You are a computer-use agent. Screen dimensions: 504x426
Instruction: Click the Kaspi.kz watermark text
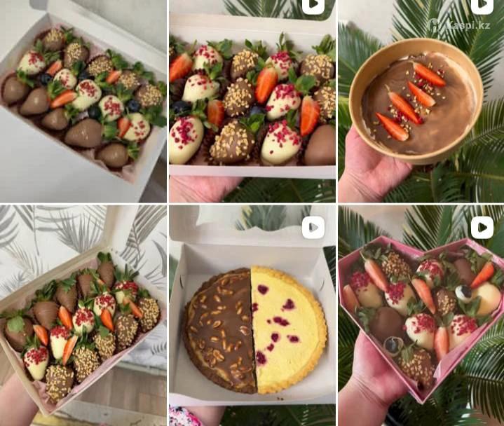[x=469, y=25]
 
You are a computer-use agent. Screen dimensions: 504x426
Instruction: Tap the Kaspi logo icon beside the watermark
[x=435, y=25]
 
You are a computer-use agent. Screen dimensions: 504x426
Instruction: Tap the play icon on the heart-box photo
[x=482, y=228]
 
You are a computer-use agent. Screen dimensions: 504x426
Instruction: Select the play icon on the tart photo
[x=313, y=228]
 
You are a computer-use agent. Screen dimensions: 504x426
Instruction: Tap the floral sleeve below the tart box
[x=182, y=416]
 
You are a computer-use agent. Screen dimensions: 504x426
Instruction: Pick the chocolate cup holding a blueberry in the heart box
[x=393, y=345]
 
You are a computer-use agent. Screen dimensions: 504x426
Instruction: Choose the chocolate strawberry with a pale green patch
[x=16, y=331]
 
